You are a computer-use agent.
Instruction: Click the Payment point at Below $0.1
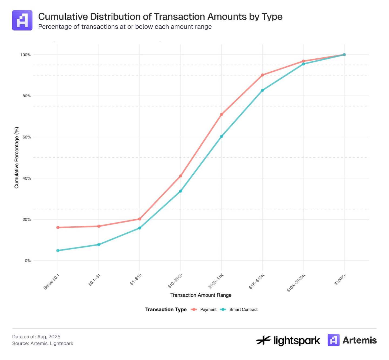coord(58,227)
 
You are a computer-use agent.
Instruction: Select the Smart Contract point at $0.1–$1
coord(99,245)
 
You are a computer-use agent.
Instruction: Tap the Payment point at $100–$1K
coord(222,114)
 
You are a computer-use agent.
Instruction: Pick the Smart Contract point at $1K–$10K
coord(262,90)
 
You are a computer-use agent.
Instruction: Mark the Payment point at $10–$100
coord(180,176)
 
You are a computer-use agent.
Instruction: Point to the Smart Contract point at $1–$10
coord(140,228)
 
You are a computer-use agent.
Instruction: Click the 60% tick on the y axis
coord(27,137)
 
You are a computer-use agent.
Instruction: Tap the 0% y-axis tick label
coord(28,261)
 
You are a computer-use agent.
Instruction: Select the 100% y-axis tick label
coord(26,55)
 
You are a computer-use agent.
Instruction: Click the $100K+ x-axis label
coord(340,280)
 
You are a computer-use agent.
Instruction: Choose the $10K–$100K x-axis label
coord(296,283)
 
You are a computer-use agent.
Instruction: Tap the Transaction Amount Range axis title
coord(201,295)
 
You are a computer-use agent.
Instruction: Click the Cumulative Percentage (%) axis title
coord(17,158)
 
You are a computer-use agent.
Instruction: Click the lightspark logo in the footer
coord(288,340)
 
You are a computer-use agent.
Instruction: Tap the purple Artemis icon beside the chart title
coord(22,20)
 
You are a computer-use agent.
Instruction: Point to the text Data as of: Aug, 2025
coord(36,337)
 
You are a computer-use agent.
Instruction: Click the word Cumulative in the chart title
coord(63,17)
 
